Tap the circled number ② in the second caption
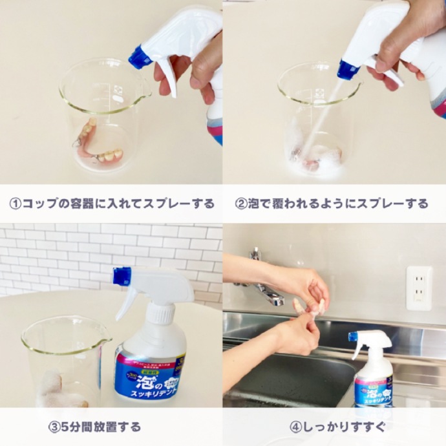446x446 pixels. pyautogui.click(x=240, y=204)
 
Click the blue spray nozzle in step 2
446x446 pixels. pyautogui.click(x=348, y=69)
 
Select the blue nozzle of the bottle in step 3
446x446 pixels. pyautogui.click(x=122, y=276)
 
